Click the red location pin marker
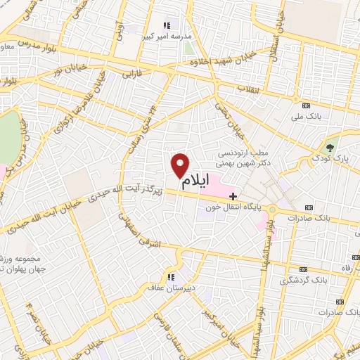pyautogui.click(x=181, y=165)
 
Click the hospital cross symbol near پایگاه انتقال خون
pyautogui.click(x=233, y=195)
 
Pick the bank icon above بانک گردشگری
pyautogui.click(x=303, y=269)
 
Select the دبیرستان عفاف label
pyautogui.click(x=171, y=287)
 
